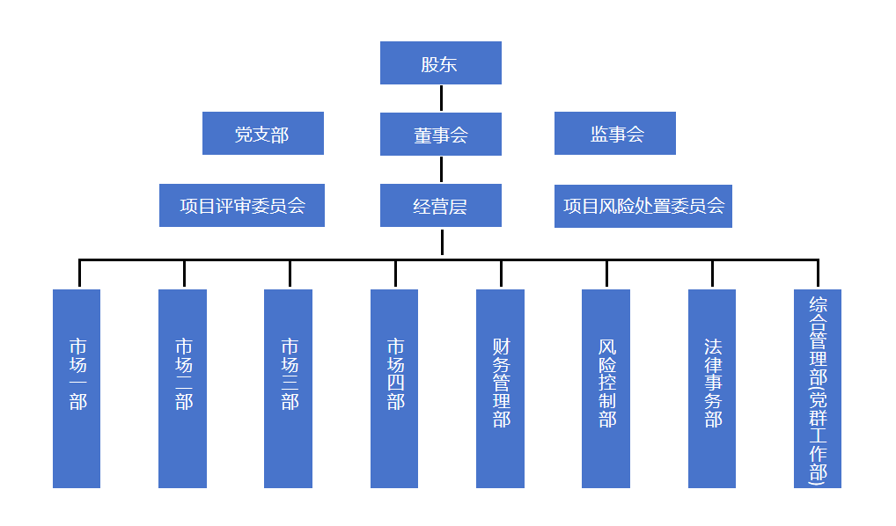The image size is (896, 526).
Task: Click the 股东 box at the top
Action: point(440,63)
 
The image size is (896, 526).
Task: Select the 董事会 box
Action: point(440,135)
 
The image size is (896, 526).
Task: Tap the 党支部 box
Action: point(262,134)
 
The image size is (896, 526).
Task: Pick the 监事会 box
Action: point(615,134)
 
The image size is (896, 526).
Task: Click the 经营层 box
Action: point(440,206)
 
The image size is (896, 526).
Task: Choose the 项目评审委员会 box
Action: point(242,206)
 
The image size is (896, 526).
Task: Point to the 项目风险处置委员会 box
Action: point(643,206)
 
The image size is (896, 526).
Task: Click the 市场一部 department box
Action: point(77,388)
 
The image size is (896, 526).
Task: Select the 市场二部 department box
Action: point(183,388)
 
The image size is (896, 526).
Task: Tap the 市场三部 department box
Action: point(289,388)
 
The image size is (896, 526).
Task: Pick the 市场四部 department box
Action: point(394,388)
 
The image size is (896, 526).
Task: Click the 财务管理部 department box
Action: point(501,388)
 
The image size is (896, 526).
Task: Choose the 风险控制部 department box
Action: point(606,388)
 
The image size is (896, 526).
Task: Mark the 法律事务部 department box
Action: point(712,388)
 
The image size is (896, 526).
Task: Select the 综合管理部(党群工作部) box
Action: point(818,388)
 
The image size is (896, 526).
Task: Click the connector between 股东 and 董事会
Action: point(441,98)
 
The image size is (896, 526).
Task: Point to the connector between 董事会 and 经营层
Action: point(441,169)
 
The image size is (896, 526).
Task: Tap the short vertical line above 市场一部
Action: point(79,274)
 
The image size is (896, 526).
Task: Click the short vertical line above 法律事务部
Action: point(712,274)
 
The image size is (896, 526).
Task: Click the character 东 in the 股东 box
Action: point(452,64)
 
